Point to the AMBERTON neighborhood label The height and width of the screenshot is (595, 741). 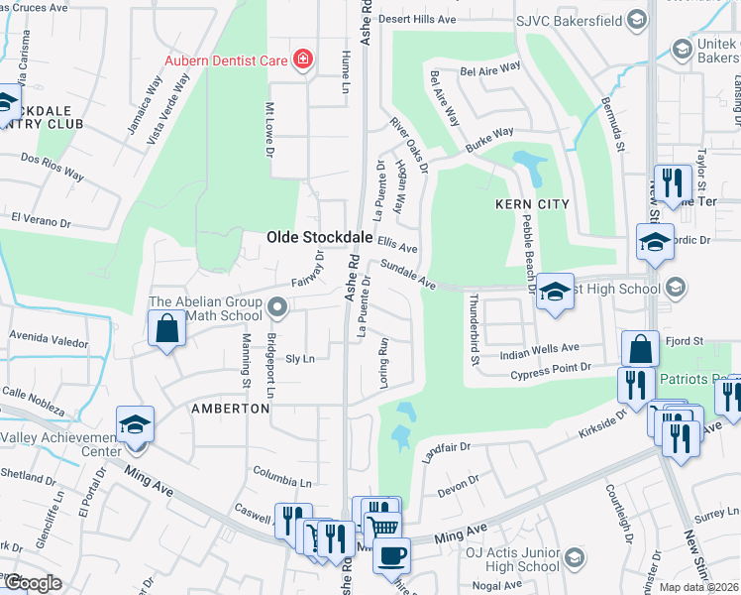point(231,409)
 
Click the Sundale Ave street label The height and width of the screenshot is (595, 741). point(408,275)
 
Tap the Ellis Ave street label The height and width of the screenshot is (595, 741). point(396,245)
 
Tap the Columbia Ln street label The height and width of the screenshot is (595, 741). point(281,474)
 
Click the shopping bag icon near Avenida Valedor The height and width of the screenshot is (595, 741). point(167,328)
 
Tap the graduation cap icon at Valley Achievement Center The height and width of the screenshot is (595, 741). point(135,424)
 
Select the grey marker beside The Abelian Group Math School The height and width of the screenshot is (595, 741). point(276,310)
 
